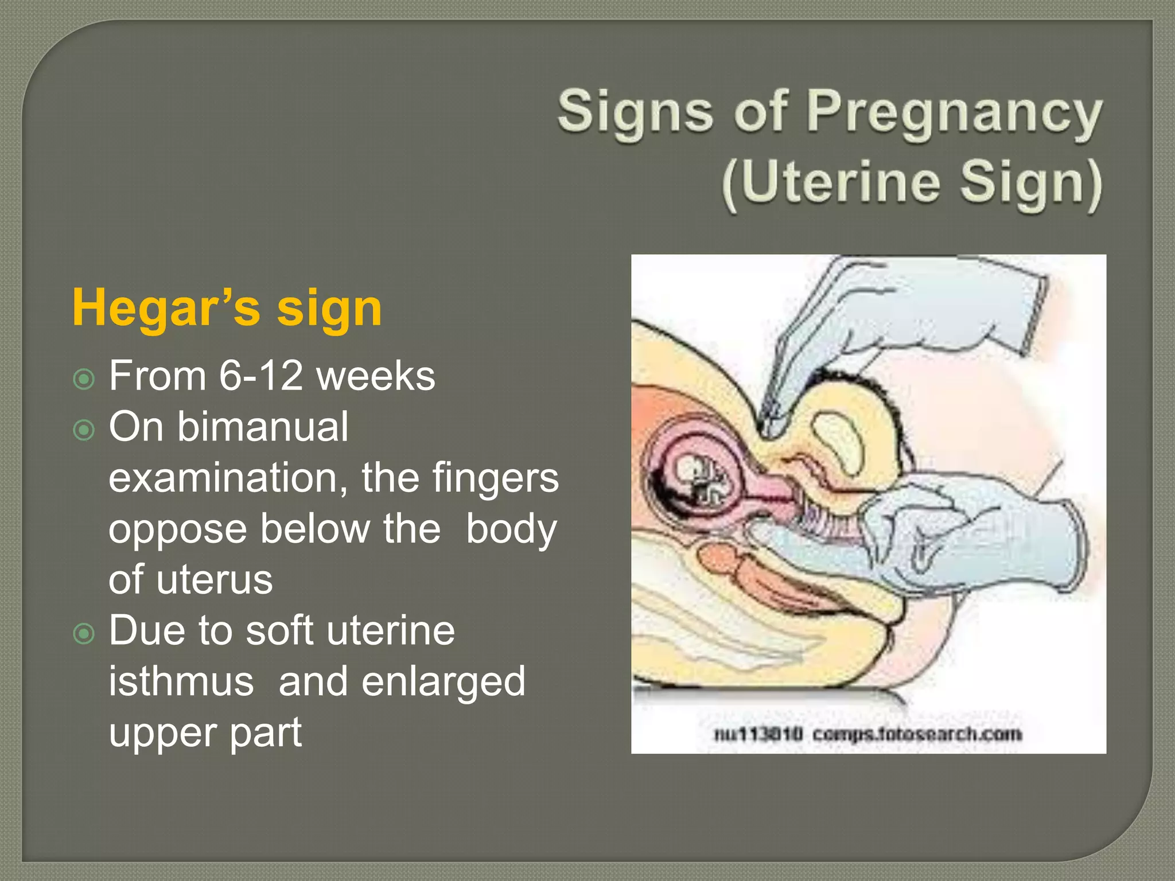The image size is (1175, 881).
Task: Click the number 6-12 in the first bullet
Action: (260, 376)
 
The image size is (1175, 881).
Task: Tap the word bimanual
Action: (262, 427)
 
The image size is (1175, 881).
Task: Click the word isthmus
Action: (181, 681)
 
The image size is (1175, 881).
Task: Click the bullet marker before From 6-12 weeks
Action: (84, 379)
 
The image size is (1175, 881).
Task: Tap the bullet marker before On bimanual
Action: (84, 430)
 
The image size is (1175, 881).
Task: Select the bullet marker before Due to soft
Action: (84, 633)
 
